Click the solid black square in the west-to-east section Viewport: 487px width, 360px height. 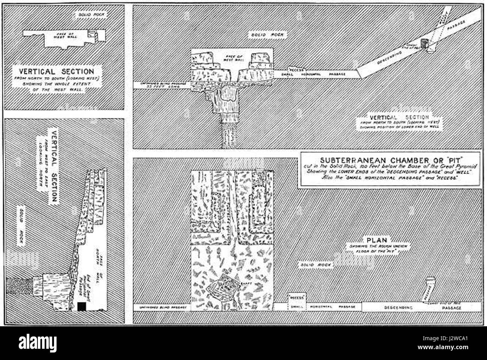click(x=82, y=306)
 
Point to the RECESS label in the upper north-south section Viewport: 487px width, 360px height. click(x=296, y=69)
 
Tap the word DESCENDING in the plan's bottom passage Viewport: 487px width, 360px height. click(x=398, y=308)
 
